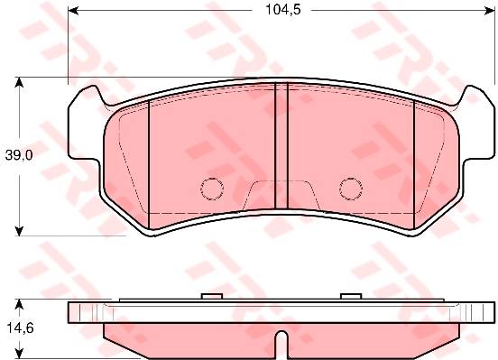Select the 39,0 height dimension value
coord(19,155)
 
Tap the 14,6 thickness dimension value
coord(20,328)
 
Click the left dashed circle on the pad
coord(212,189)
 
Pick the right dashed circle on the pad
coord(351,189)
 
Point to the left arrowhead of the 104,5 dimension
coord(73,11)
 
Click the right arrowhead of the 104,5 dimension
coord(490,11)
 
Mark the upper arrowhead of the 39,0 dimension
coord(20,82)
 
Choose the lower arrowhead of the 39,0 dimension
coord(20,231)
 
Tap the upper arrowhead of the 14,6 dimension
coord(20,304)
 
